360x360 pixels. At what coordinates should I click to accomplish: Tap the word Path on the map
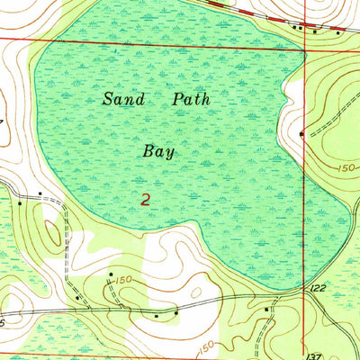(190, 99)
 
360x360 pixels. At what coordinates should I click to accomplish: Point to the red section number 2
(146, 199)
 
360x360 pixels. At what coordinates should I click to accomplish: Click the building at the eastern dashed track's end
(301, 133)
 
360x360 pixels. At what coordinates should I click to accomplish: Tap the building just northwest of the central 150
(111, 272)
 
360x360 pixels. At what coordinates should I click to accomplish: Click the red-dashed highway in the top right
(270, 15)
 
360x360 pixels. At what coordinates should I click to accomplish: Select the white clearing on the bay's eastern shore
(292, 99)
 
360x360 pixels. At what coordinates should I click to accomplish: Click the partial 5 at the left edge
(3, 321)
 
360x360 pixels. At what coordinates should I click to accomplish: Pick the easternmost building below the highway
(337, 33)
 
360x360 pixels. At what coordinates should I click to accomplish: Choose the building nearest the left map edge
(19, 203)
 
